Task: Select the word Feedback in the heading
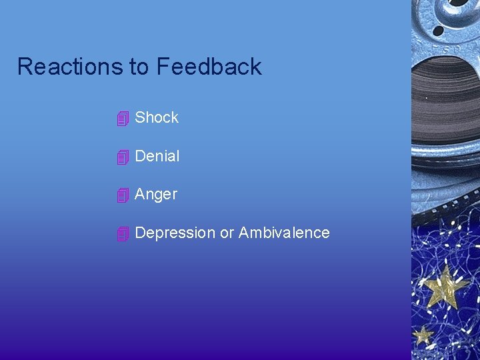(x=209, y=67)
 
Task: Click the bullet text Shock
(x=157, y=118)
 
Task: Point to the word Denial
(x=157, y=157)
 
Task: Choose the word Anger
(x=156, y=195)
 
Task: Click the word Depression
(x=175, y=233)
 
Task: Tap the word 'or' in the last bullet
(x=227, y=233)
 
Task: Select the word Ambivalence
(x=284, y=233)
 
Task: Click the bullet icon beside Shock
(x=122, y=119)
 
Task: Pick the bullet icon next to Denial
(x=122, y=158)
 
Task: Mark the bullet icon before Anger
(x=122, y=196)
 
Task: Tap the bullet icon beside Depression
(x=122, y=235)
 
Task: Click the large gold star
(x=446, y=287)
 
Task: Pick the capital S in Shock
(x=140, y=118)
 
